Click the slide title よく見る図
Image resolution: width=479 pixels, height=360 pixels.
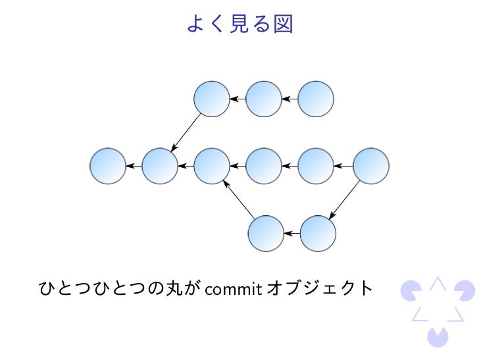pyautogui.click(x=239, y=24)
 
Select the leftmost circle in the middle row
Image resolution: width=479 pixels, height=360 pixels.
pyautogui.click(x=108, y=166)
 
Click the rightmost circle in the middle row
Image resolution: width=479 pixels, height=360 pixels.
pyautogui.click(x=371, y=166)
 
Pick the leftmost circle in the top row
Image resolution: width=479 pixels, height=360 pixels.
pyautogui.click(x=212, y=99)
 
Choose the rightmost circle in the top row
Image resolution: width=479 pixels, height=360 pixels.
pyautogui.click(x=316, y=99)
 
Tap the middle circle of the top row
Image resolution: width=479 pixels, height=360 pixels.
pyautogui.click(x=264, y=99)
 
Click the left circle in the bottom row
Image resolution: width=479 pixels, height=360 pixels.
pyautogui.click(x=266, y=233)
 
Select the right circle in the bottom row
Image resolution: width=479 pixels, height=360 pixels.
pyautogui.click(x=318, y=233)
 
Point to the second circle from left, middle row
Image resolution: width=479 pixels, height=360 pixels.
pyautogui.click(x=160, y=166)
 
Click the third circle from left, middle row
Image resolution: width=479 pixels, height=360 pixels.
pyautogui.click(x=212, y=166)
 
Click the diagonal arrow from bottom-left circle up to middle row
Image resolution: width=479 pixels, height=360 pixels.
pyautogui.click(x=239, y=199)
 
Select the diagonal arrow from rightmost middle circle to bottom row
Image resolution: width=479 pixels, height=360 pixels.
pyautogui.click(x=344, y=199)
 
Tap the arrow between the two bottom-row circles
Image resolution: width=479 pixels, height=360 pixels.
pyautogui.click(x=291, y=233)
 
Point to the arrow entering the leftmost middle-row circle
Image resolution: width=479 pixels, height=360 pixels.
pyautogui.click(x=134, y=166)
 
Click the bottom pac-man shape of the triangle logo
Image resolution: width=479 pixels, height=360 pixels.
pyautogui.click(x=438, y=336)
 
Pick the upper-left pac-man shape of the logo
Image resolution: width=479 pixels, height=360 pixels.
pyautogui.click(x=410, y=290)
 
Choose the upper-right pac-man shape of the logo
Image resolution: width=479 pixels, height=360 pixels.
pyautogui.click(x=465, y=290)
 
